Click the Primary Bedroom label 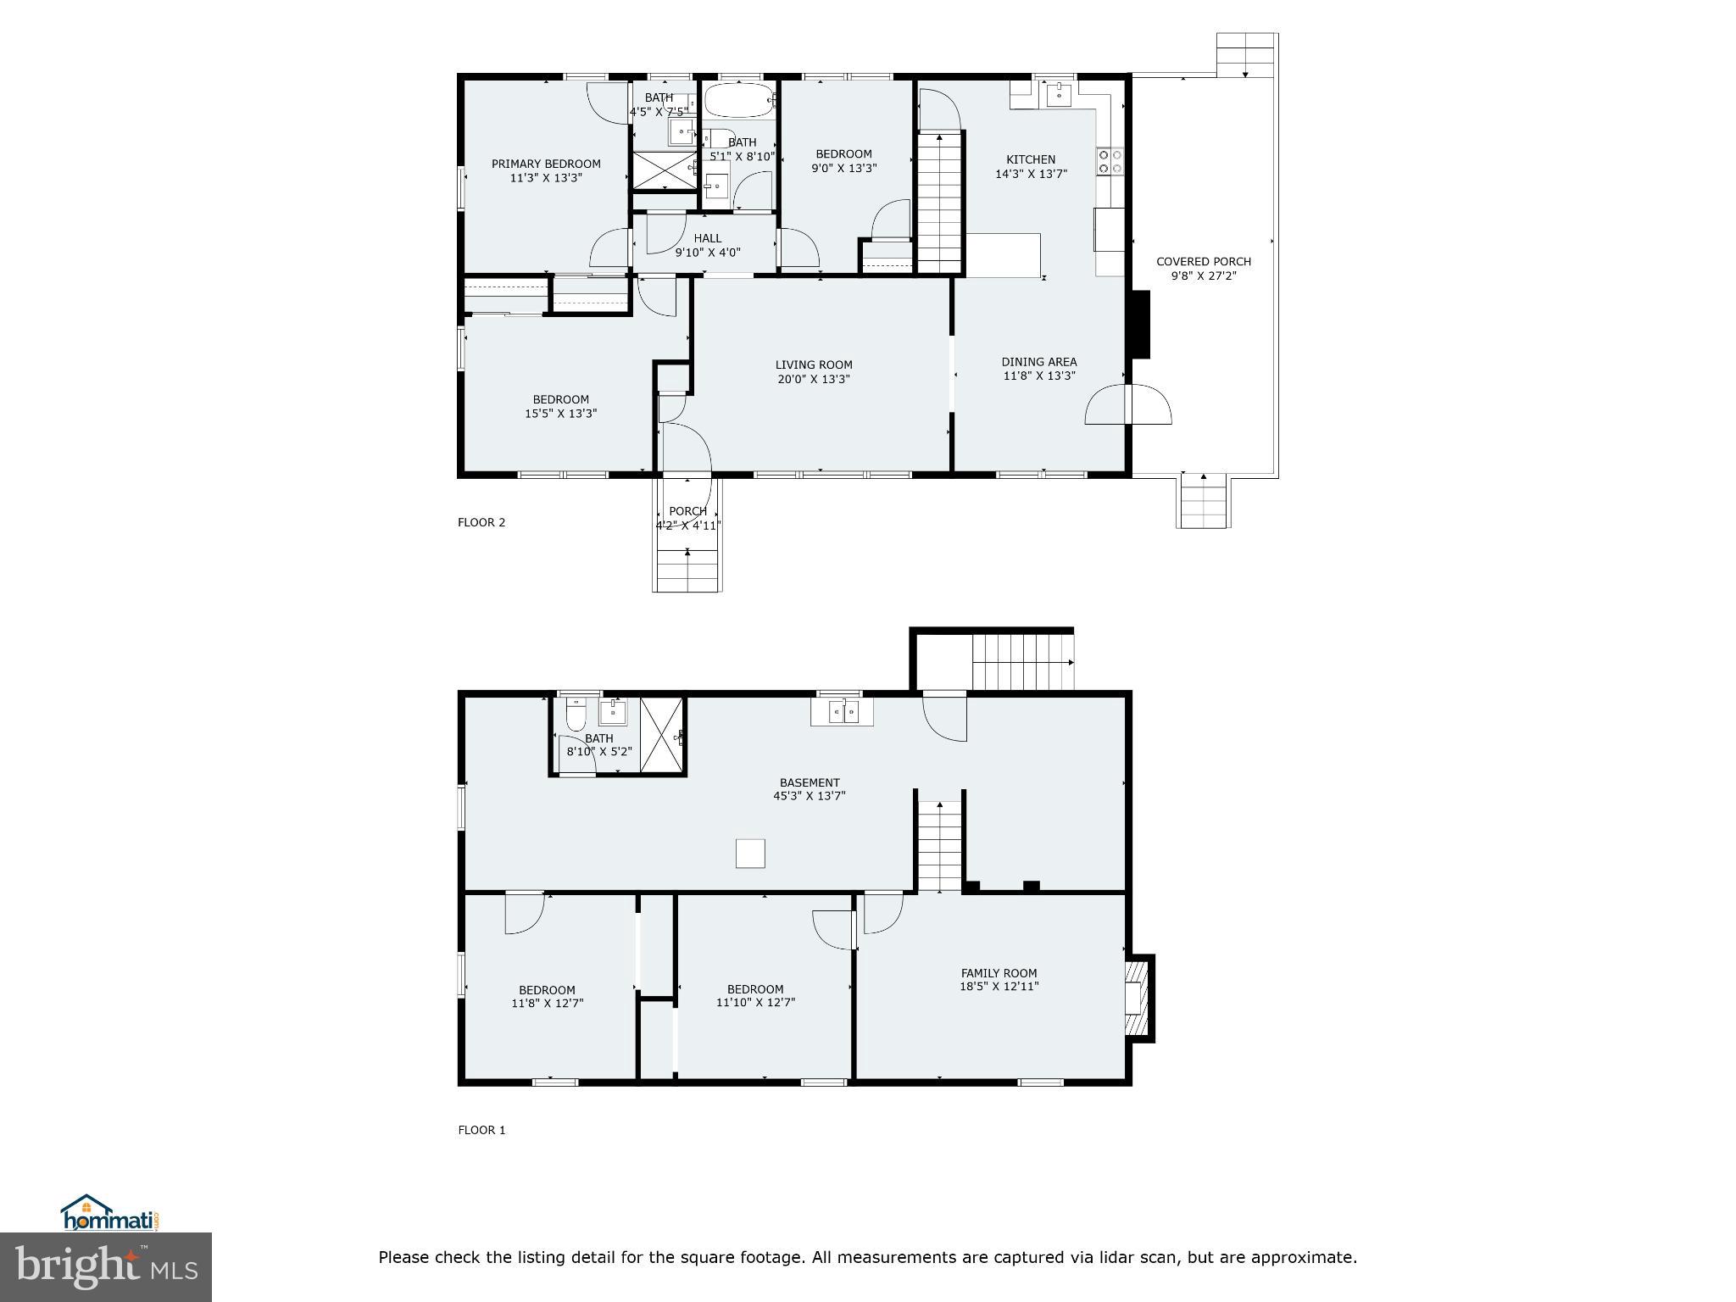click(546, 164)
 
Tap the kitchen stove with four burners click(1110, 161)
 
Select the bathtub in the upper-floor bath click(739, 100)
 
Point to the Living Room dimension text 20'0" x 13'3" click(813, 379)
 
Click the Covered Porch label click(1203, 261)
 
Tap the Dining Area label click(1038, 361)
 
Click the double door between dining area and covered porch click(1128, 404)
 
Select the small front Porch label click(687, 511)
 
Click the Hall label click(707, 238)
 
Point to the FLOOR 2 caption click(481, 522)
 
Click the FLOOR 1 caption click(481, 1130)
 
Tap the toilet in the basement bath click(576, 715)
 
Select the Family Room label click(999, 973)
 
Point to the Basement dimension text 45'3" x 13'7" click(809, 796)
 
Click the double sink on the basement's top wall click(842, 711)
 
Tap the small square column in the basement click(750, 853)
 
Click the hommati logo click(108, 1214)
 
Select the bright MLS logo click(106, 1266)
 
